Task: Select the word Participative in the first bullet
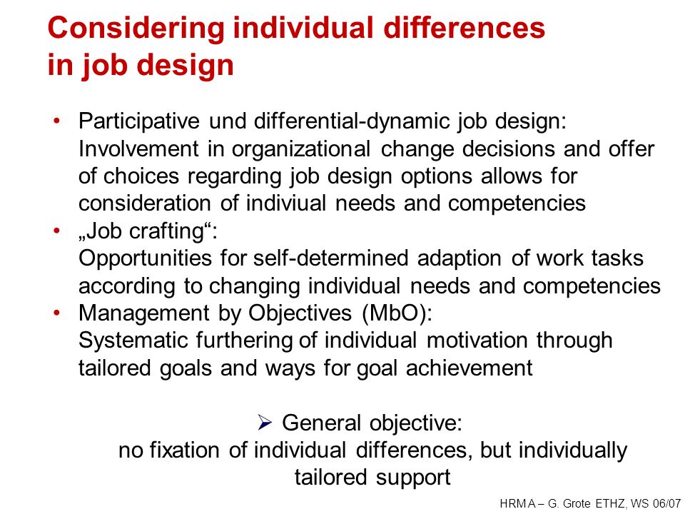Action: click(x=139, y=121)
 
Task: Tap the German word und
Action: click(x=228, y=121)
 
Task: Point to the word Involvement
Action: click(x=138, y=148)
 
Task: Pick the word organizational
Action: click(x=301, y=150)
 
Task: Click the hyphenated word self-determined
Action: click(x=330, y=258)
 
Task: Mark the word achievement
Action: click(x=470, y=368)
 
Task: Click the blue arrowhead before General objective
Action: click(x=265, y=423)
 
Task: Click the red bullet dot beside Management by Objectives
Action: click(x=56, y=313)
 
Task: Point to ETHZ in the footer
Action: click(x=610, y=503)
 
